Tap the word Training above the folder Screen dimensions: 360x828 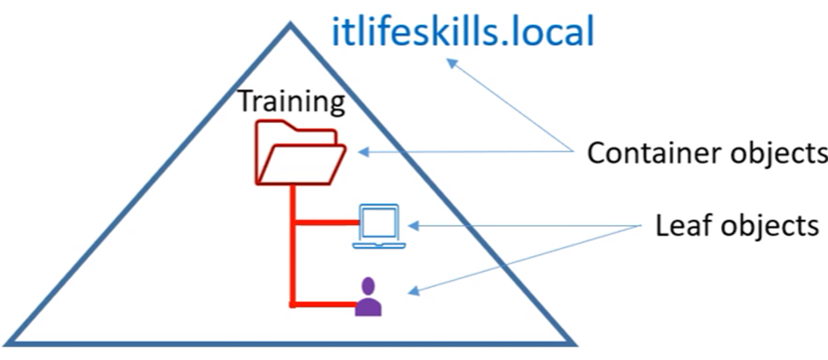(291, 102)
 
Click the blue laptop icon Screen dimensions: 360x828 (378, 226)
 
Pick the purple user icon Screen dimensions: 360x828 (369, 297)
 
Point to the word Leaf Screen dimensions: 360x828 (680, 226)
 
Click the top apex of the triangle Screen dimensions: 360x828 (290, 25)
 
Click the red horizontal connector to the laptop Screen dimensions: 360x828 (325, 224)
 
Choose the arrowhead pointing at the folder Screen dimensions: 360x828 (363, 153)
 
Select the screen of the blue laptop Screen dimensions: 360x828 (379, 221)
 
